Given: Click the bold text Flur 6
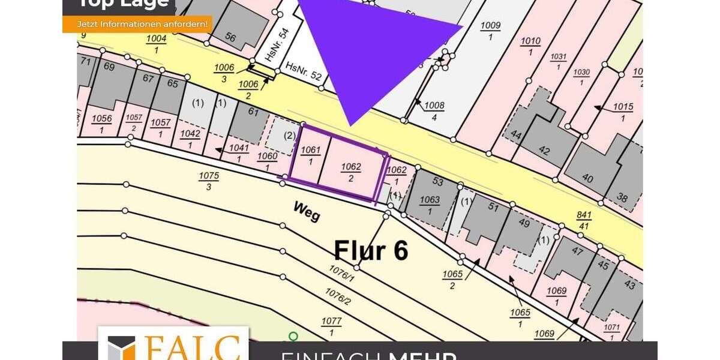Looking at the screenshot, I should pos(371,250).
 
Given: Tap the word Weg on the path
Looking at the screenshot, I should pos(306,211).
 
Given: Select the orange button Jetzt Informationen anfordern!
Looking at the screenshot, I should pos(137,24).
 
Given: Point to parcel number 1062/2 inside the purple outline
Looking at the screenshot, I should pos(350,172).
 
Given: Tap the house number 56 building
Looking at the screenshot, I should pos(230,37).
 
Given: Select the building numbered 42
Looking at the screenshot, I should pos(544,151).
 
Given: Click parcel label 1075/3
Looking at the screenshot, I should pos(209,181).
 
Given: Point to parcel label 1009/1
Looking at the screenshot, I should pos(490,31).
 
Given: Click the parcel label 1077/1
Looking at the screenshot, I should pos(331,326).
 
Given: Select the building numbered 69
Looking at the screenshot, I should pos(109,67).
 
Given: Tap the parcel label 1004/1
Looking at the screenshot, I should pos(157,44).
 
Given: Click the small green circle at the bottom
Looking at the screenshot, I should pos(293,337).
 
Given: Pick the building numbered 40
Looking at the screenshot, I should pos(587,179).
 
